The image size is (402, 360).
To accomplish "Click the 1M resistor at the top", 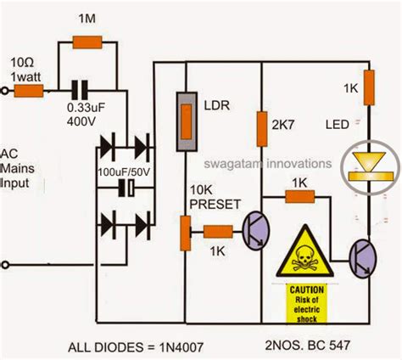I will tap(87, 42).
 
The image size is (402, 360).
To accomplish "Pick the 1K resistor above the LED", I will tap(371, 91).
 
